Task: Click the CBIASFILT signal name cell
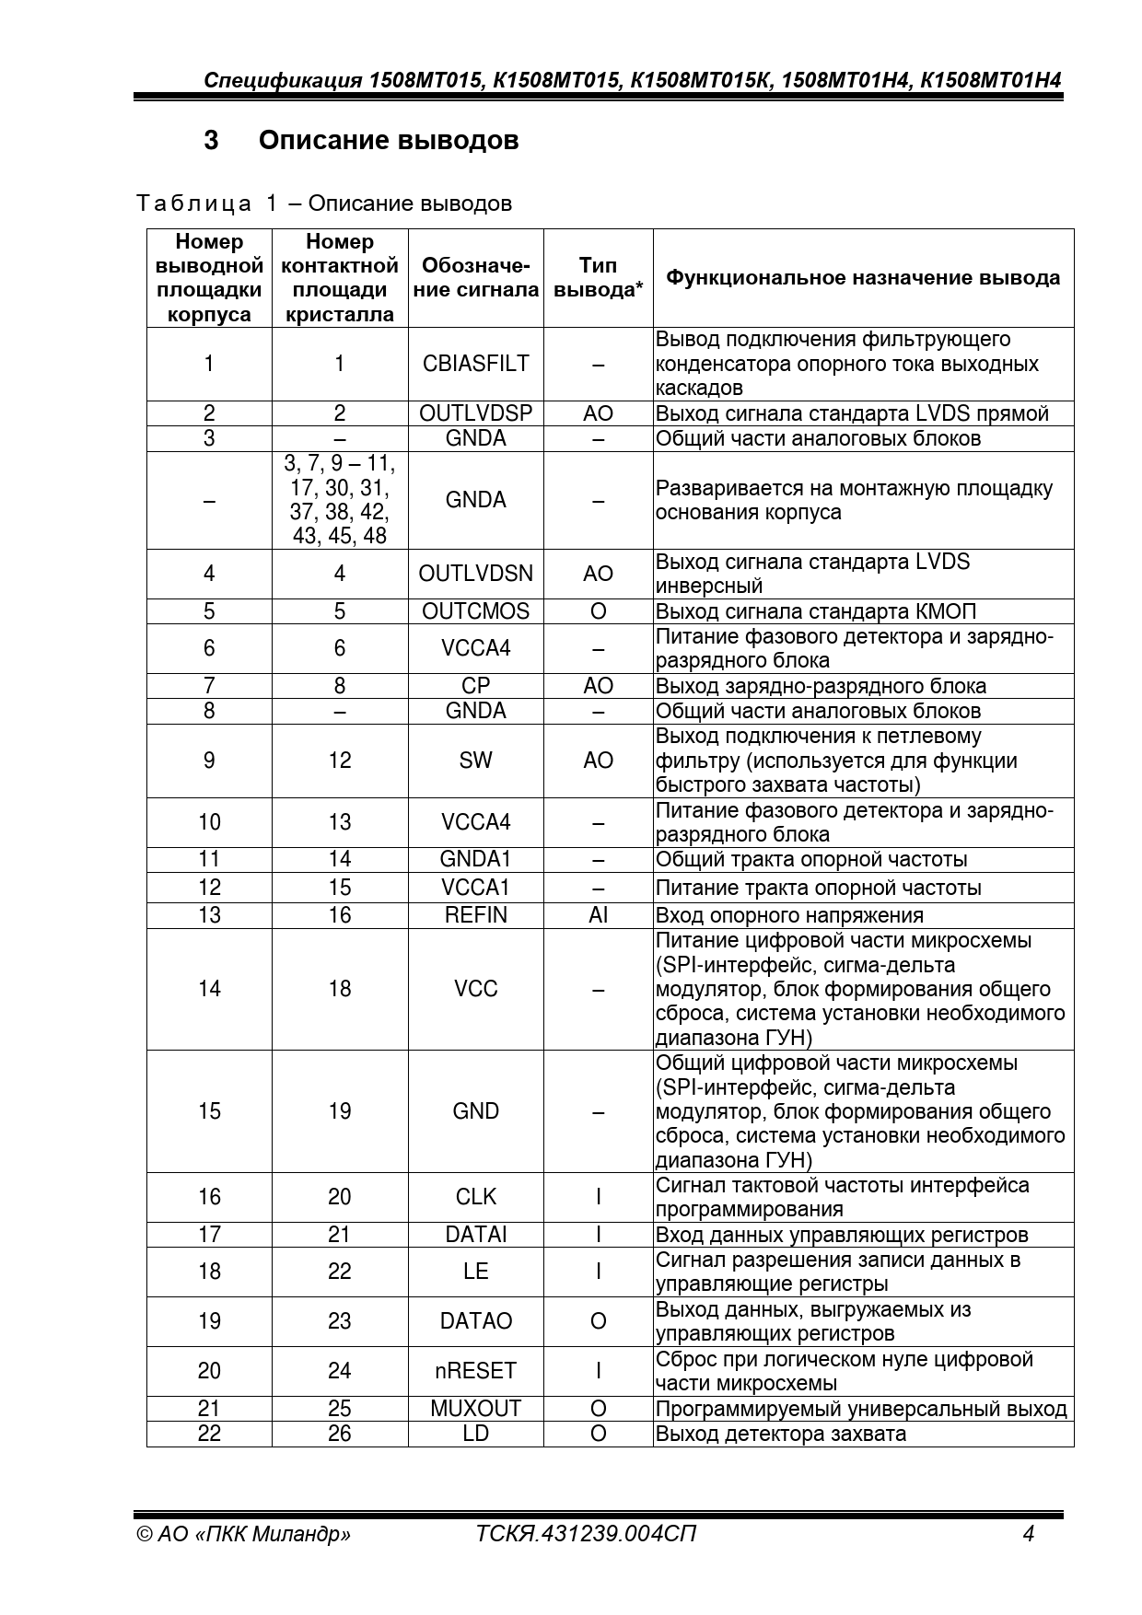point(475,364)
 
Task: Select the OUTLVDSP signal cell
point(475,413)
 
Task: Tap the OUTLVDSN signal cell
point(475,574)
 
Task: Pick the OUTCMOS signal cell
point(475,611)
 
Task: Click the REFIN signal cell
point(475,915)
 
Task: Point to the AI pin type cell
point(598,915)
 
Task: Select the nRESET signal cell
point(475,1371)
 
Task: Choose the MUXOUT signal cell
point(475,1409)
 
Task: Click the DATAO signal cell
point(475,1321)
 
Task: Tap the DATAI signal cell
point(475,1235)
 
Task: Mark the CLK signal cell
point(475,1197)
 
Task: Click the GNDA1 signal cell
point(475,859)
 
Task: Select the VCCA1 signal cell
point(475,888)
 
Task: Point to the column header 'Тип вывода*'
point(598,277)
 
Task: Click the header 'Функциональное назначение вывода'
point(863,277)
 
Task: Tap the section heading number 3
point(211,140)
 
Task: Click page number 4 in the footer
point(1029,1534)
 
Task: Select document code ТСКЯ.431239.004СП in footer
point(586,1534)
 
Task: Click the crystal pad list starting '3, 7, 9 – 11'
point(339,500)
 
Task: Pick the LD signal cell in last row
point(475,1434)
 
